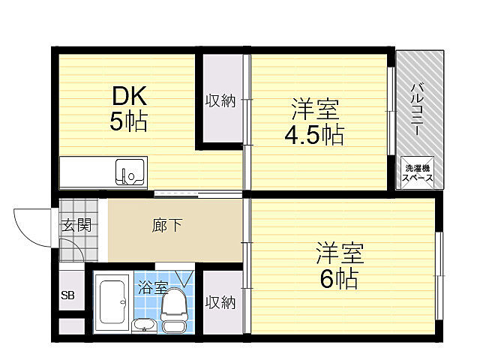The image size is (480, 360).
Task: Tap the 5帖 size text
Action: pyautogui.click(x=128, y=121)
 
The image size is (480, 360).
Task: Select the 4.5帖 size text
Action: pyautogui.click(x=313, y=136)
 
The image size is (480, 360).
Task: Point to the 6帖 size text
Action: pyautogui.click(x=339, y=278)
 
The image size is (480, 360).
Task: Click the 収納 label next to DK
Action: pyautogui.click(x=221, y=100)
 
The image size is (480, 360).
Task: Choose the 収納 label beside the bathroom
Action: pyautogui.click(x=221, y=302)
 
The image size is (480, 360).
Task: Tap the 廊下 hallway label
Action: pyautogui.click(x=167, y=225)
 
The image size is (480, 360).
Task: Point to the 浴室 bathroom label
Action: pyautogui.click(x=152, y=286)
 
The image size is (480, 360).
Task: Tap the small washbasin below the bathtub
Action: pyautogui.click(x=143, y=325)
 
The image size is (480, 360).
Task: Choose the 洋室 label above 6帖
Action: pyautogui.click(x=339, y=252)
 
